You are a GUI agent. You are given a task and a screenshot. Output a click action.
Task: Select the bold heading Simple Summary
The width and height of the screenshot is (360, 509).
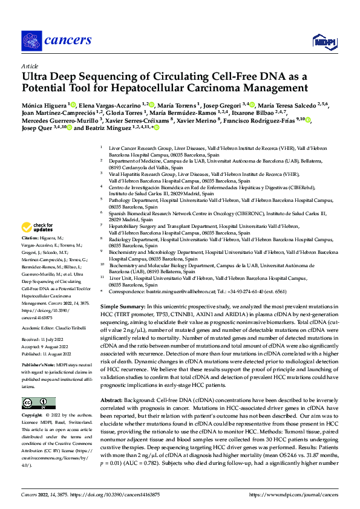pos(123,308)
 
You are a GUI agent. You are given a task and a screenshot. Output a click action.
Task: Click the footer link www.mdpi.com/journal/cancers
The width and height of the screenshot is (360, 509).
pos(300,494)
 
